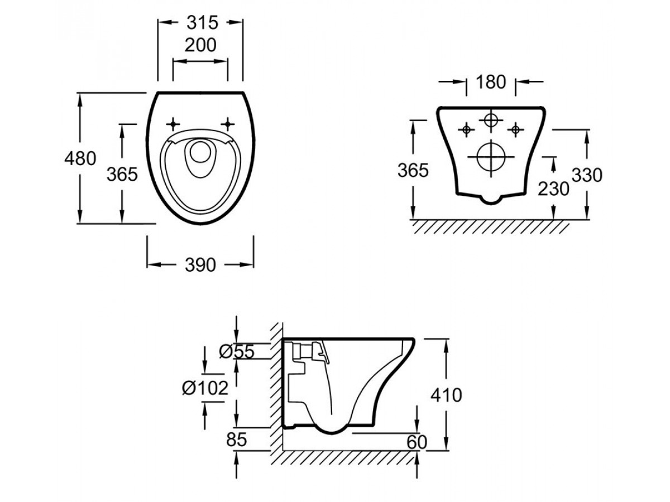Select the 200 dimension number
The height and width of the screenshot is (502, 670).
pyautogui.click(x=200, y=45)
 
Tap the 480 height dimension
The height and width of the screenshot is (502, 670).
pyautogui.click(x=79, y=159)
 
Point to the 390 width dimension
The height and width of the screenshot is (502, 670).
pyautogui.click(x=200, y=266)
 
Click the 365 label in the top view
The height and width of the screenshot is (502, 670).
pyautogui.click(x=122, y=175)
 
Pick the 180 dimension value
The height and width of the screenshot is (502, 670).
pyautogui.click(x=491, y=82)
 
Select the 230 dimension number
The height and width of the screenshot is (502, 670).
pyautogui.click(x=553, y=189)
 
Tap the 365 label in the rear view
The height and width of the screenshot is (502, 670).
pyautogui.click(x=413, y=170)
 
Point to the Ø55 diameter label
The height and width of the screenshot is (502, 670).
pyautogui.click(x=237, y=351)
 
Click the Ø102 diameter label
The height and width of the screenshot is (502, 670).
pyautogui.click(x=205, y=387)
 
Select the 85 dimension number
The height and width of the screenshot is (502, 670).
pyautogui.click(x=236, y=440)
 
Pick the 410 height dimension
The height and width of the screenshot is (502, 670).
pyautogui.click(x=447, y=395)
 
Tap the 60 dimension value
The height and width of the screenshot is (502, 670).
pyautogui.click(x=416, y=442)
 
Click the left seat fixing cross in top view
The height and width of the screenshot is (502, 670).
pyautogui.click(x=174, y=123)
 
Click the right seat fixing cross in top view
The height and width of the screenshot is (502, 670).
pyautogui.click(x=228, y=123)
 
